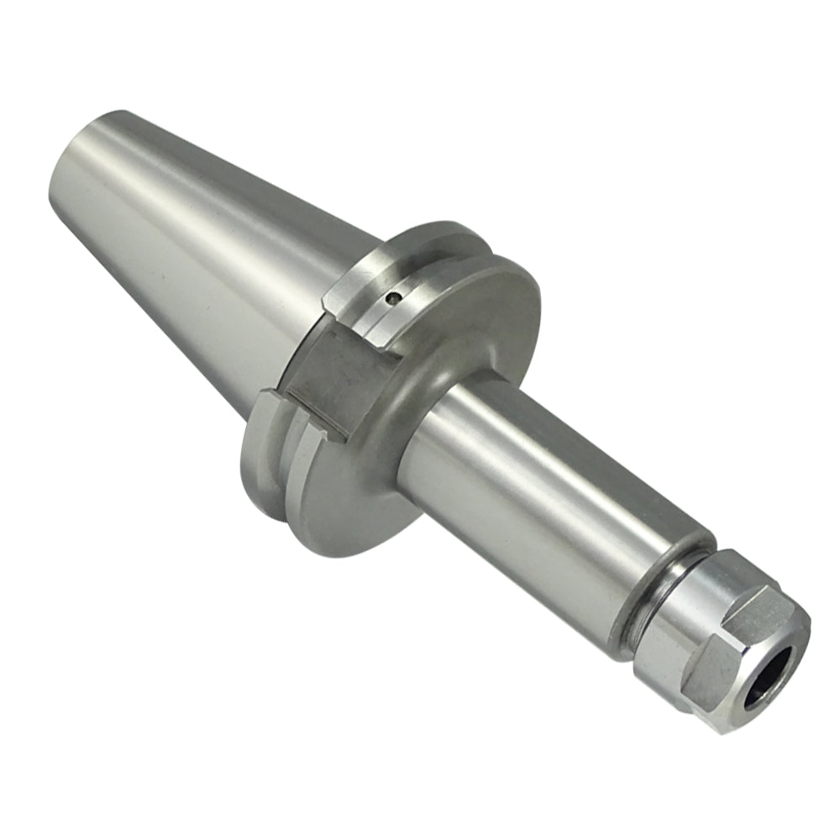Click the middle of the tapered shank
(210, 252)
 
